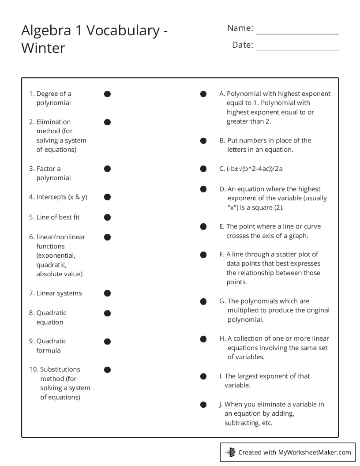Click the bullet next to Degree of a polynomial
[107, 94]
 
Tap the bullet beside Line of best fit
[107, 217]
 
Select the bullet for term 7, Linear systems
[107, 293]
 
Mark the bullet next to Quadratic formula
[107, 341]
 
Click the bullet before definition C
[203, 169]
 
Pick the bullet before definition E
[203, 226]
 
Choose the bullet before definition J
[203, 404]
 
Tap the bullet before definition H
[203, 339]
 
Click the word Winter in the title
[43, 48]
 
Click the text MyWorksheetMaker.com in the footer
[314, 452]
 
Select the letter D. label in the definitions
[222, 189]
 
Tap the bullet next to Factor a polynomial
[107, 169]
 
